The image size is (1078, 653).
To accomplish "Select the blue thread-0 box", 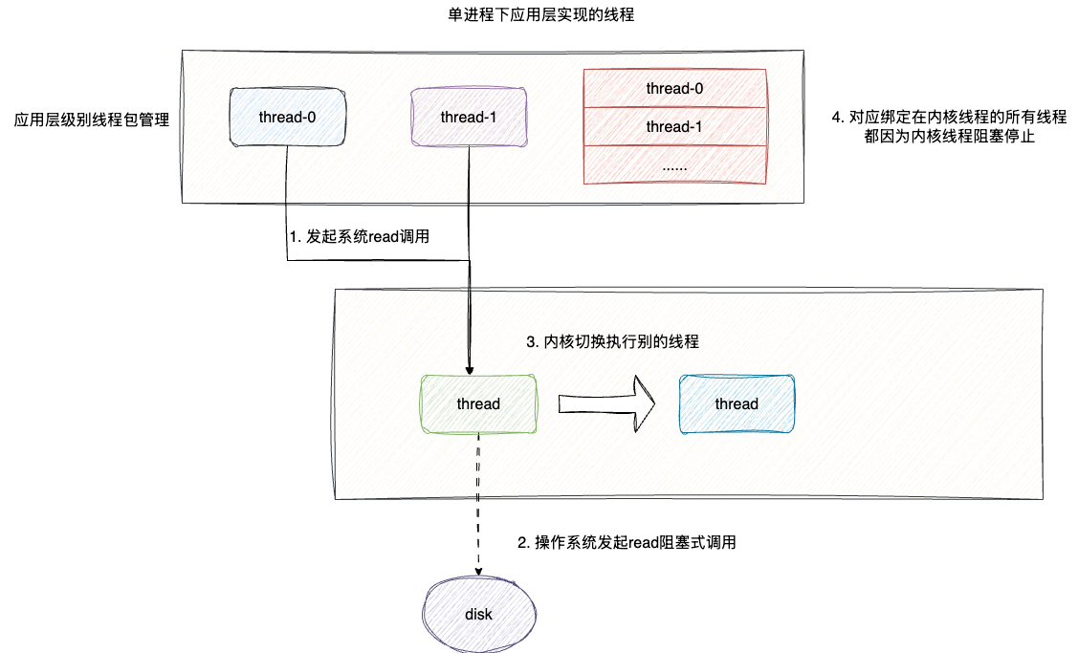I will tap(287, 118).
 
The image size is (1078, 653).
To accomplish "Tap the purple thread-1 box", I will tap(469, 118).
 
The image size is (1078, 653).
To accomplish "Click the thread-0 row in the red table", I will tap(674, 89).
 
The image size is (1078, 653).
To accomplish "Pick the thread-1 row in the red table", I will tap(674, 126).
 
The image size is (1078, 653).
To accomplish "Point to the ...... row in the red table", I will tap(674, 164).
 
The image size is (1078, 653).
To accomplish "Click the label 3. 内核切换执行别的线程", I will tap(613, 341).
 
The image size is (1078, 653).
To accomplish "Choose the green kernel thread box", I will tap(478, 403).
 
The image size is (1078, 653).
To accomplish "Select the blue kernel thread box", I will tap(737, 403).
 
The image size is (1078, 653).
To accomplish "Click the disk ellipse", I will tap(478, 614).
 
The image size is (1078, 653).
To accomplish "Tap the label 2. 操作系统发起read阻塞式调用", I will tap(627, 542).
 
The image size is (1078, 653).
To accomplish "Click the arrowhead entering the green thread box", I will tap(469, 369).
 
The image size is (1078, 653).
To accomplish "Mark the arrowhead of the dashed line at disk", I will tap(478, 572).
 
